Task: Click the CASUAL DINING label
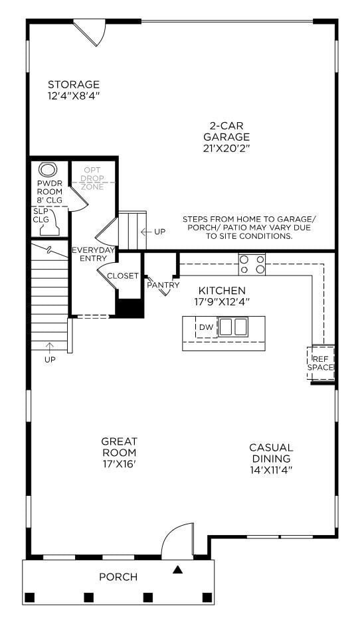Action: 271,453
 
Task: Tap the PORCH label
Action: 118,577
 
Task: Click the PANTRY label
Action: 163,285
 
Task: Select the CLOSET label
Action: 123,276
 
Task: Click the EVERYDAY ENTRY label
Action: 94,254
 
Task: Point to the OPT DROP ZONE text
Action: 93,179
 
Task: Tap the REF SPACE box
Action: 321,362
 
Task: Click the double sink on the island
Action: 233,327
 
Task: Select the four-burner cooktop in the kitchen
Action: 252,264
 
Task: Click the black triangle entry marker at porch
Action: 177,569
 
